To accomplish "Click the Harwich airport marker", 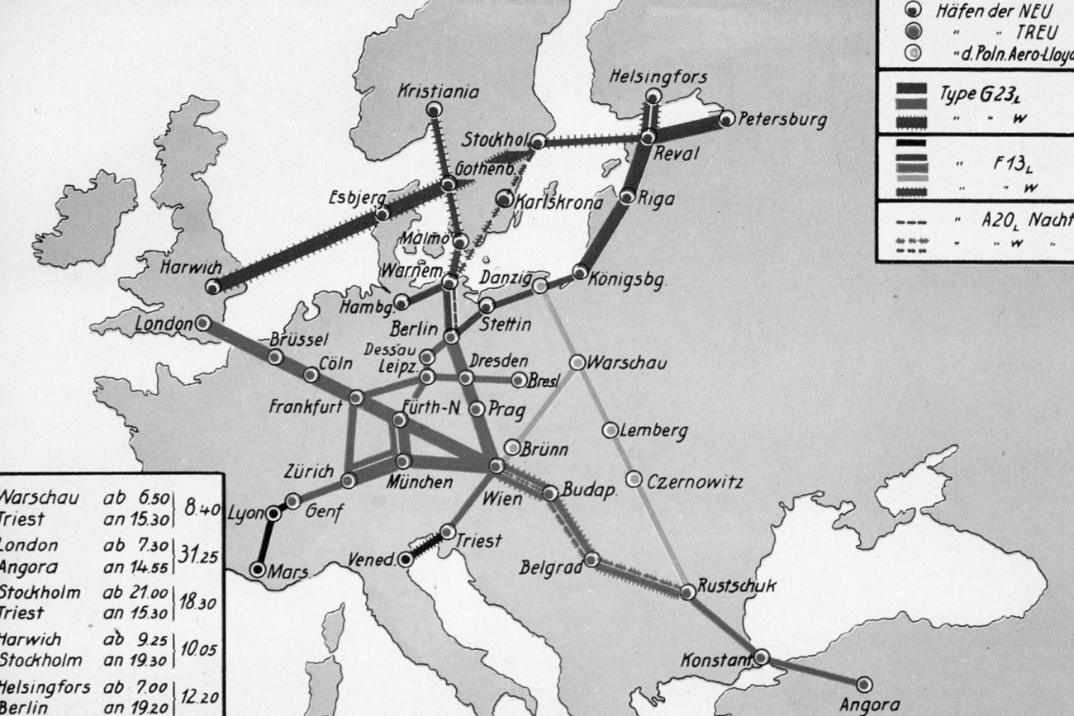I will [x=213, y=287].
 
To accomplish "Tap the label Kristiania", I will [x=438, y=92].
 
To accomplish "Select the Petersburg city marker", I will [x=726, y=119].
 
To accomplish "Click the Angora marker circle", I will [x=864, y=684].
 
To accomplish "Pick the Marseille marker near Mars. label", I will [x=258, y=570].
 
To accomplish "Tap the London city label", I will [x=164, y=325].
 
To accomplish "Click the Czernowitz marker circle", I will [x=634, y=479].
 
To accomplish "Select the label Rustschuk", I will [x=737, y=586].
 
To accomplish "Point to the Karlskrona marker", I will [x=504, y=198].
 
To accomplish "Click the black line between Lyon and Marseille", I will [x=266, y=542].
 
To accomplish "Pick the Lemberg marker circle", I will [x=610, y=429].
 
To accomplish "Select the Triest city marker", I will [x=448, y=531].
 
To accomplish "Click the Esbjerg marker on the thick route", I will [x=383, y=213].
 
